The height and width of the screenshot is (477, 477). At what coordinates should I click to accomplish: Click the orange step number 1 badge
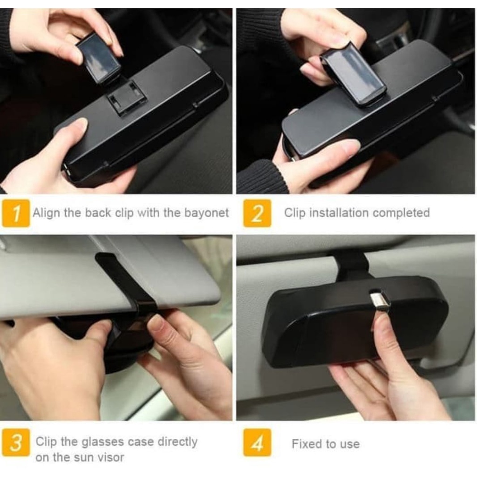pyautogui.click(x=16, y=213)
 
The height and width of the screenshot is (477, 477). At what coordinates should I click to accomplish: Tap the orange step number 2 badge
pyautogui.click(x=257, y=213)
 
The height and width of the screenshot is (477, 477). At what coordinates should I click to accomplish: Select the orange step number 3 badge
pyautogui.click(x=16, y=442)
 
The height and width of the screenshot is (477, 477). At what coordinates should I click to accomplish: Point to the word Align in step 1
pyautogui.click(x=45, y=213)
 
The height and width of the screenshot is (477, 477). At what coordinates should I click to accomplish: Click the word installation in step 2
pyautogui.click(x=339, y=213)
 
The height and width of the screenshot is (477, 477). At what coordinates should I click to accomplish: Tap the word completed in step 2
pyautogui.click(x=401, y=213)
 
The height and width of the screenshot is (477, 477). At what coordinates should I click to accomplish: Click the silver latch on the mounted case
pyautogui.click(x=380, y=300)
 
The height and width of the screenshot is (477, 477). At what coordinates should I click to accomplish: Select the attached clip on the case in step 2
pyautogui.click(x=353, y=75)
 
